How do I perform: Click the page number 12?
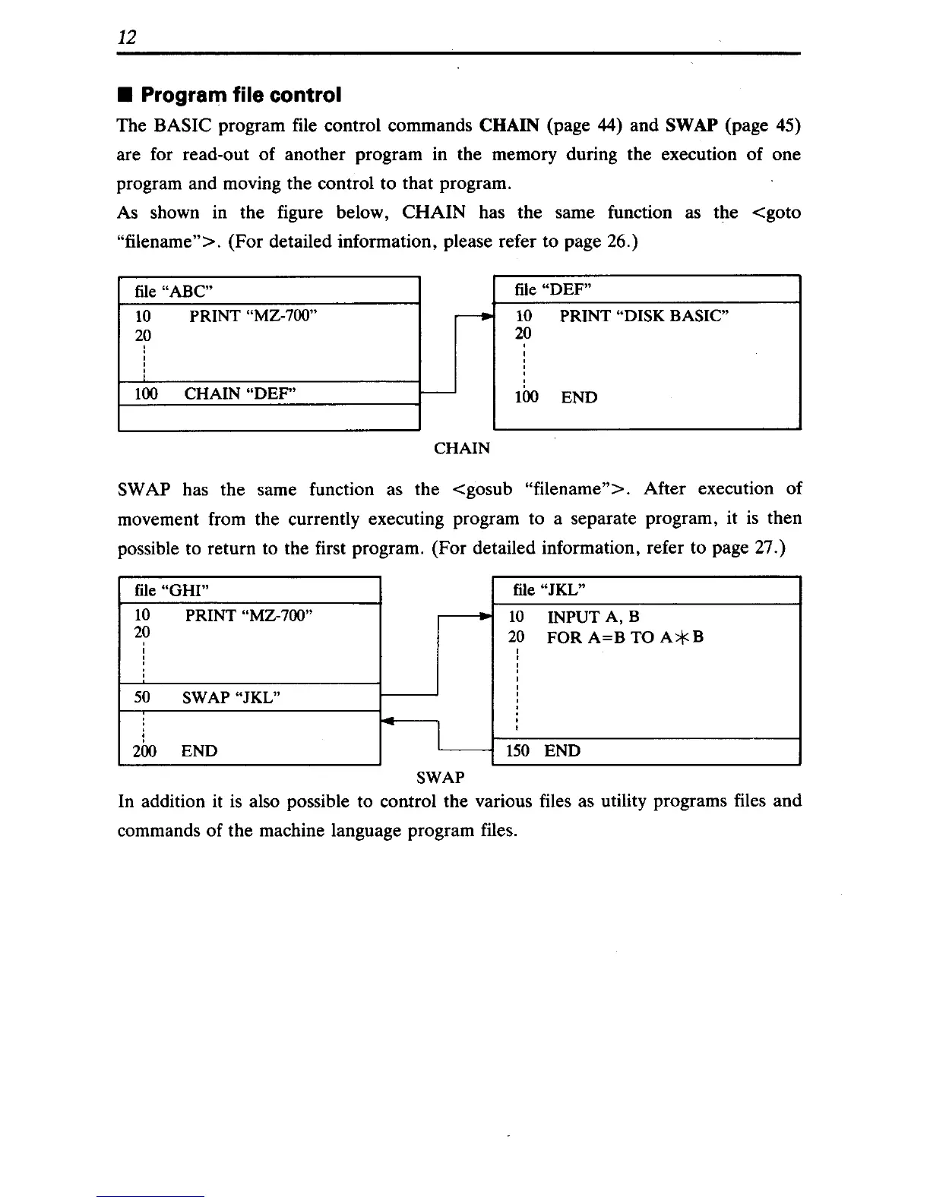[x=127, y=37]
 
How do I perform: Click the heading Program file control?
[x=241, y=95]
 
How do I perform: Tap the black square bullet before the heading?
[x=125, y=96]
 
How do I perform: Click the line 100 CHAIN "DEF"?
[x=215, y=393]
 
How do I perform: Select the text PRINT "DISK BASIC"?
[x=644, y=316]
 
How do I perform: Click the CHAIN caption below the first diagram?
[x=461, y=448]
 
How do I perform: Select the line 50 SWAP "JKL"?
[x=207, y=697]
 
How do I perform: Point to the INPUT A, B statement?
[x=593, y=617]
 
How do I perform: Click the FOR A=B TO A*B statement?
[x=625, y=637]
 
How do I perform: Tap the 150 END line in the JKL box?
[x=542, y=751]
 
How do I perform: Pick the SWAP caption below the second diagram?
[x=440, y=778]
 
